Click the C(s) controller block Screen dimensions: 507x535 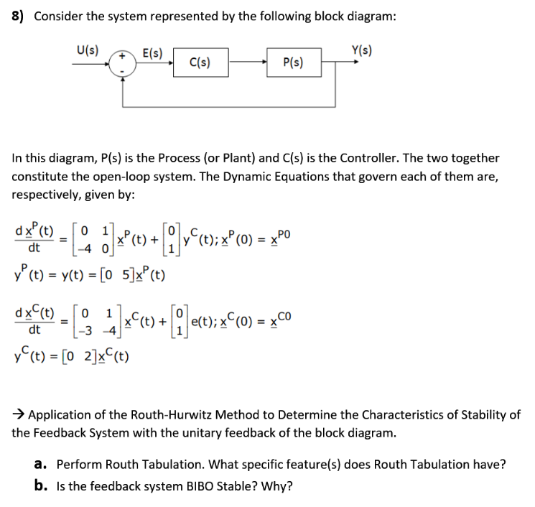pyautogui.click(x=200, y=62)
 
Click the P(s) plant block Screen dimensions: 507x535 pyautogui.click(x=293, y=62)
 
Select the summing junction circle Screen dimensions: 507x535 pyautogui.click(x=123, y=62)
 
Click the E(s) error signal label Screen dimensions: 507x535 pyautogui.click(x=152, y=52)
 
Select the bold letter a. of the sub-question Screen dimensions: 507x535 pyautogui.click(x=40, y=464)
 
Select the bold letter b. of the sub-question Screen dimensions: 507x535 pyautogui.click(x=40, y=486)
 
